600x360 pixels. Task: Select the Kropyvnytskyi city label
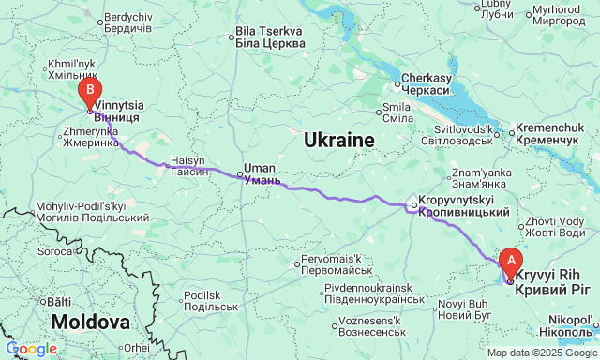pyautogui.click(x=462, y=207)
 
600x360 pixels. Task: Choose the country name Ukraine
pyautogui.click(x=338, y=141)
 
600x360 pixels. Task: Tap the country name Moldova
pyautogui.click(x=90, y=322)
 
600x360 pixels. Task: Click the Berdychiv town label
pyautogui.click(x=127, y=23)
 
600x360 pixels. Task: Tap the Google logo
pyautogui.click(x=31, y=349)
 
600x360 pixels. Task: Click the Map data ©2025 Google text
pyautogui.click(x=540, y=352)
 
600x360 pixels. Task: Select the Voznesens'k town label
pyautogui.click(x=365, y=326)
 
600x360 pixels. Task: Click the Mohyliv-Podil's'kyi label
pyautogui.click(x=80, y=211)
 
